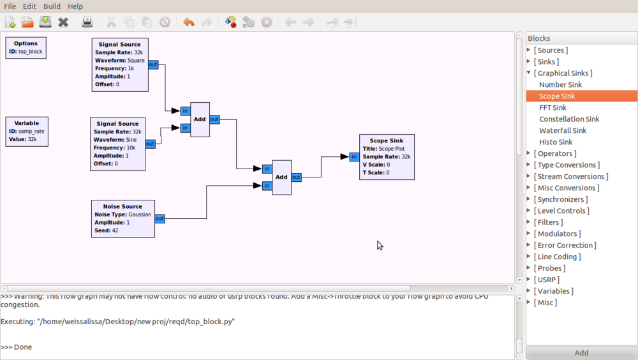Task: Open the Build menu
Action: coord(52,6)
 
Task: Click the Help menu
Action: coord(75,6)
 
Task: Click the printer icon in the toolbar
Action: coord(87,22)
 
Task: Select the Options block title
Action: coord(26,43)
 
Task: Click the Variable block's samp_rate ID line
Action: coord(26,131)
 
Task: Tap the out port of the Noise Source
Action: coord(159,219)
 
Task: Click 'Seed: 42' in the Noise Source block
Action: coord(107,230)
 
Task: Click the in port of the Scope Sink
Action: coord(354,157)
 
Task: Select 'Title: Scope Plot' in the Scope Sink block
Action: coord(383,149)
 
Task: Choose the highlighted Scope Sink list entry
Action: coord(557,96)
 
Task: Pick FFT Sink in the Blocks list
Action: coord(553,108)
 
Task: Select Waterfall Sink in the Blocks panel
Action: coord(562,131)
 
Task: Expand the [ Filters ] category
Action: coord(548,222)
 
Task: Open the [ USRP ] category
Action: coord(546,280)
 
